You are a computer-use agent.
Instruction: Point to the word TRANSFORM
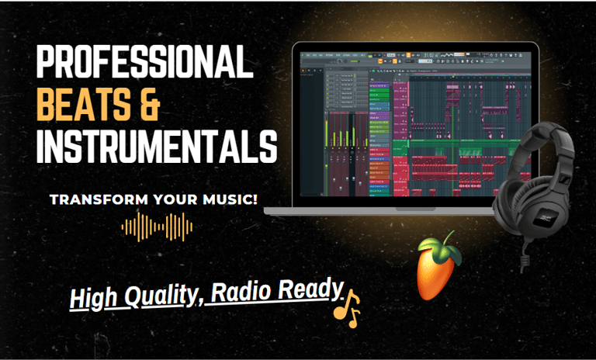tap(90, 200)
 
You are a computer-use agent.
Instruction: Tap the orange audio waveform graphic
tap(158, 226)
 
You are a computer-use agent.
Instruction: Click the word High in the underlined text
tap(93, 299)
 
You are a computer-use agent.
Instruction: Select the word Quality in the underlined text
tap(158, 296)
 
